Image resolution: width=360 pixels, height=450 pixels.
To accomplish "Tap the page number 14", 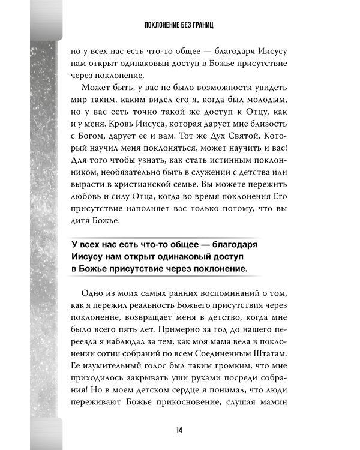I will (x=180, y=428).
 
